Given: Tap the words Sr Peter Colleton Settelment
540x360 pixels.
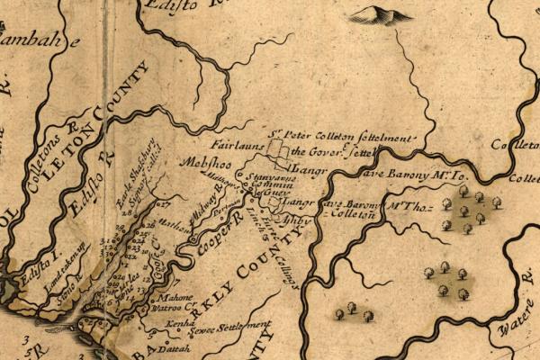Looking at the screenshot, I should pos(341,138).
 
